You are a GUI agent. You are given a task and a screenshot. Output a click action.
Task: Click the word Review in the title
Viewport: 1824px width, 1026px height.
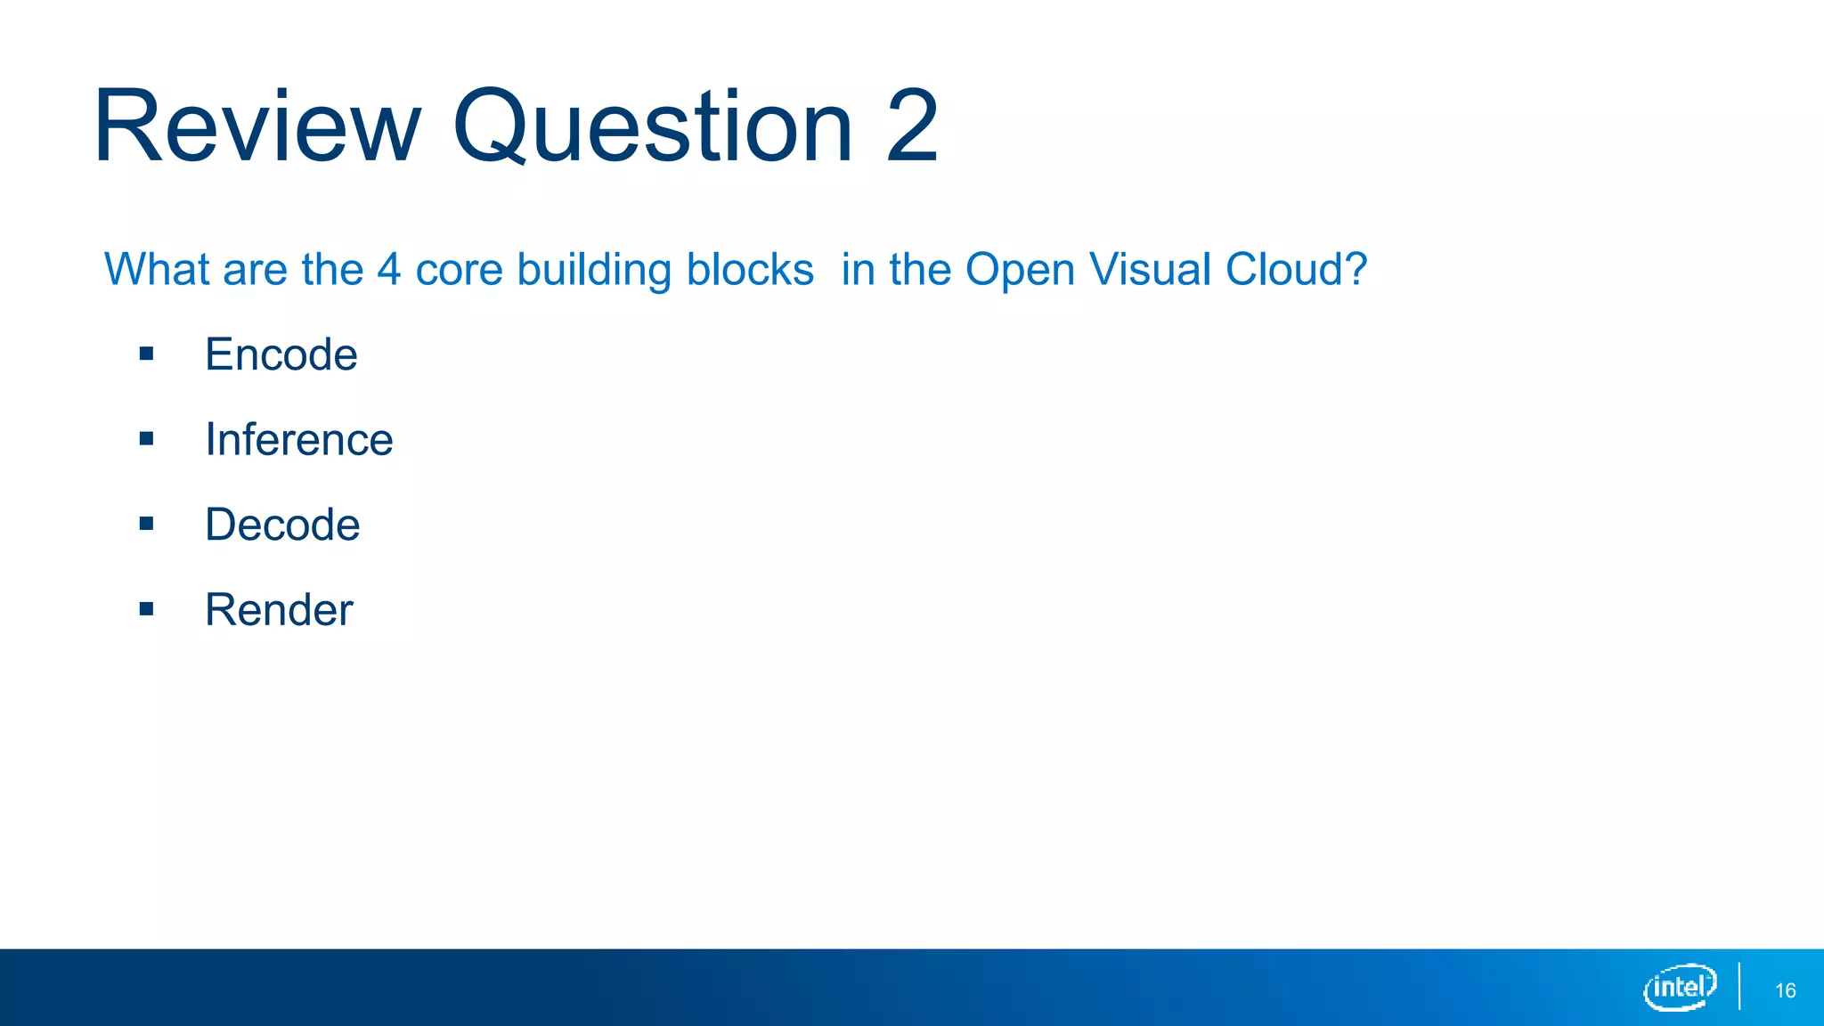pyautogui.click(x=256, y=126)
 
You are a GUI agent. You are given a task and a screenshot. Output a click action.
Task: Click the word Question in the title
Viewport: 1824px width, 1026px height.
pyautogui.click(x=653, y=126)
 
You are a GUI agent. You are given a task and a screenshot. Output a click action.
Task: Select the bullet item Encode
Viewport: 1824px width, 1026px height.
pyautogui.click(x=281, y=354)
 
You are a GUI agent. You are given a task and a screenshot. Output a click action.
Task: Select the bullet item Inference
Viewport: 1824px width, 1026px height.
pyautogui.click(x=298, y=439)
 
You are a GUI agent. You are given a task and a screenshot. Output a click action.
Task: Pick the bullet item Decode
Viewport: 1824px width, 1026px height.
pyautogui.click(x=282, y=525)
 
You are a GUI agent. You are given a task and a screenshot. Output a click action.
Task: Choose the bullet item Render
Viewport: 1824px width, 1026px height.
pyautogui.click(x=279, y=610)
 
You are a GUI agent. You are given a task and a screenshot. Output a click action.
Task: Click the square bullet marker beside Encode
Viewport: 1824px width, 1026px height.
pyautogui.click(x=147, y=354)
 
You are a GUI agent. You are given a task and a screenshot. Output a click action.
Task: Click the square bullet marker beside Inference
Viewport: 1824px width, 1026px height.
pyautogui.click(x=147, y=439)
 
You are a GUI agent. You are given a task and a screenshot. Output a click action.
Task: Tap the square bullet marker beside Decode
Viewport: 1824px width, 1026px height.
pyautogui.click(x=147, y=524)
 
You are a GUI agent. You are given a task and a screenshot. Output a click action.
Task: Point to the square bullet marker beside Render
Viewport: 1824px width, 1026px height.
pyautogui.click(x=147, y=609)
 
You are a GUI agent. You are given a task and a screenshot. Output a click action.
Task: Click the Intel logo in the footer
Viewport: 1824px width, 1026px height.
pyautogui.click(x=1680, y=987)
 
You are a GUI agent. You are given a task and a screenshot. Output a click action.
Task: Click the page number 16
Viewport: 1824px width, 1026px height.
pyautogui.click(x=1785, y=990)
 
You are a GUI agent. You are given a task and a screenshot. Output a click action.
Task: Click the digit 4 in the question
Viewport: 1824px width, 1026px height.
pyautogui.click(x=389, y=269)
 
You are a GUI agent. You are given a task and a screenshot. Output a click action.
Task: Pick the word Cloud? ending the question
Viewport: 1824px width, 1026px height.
pyautogui.click(x=1296, y=269)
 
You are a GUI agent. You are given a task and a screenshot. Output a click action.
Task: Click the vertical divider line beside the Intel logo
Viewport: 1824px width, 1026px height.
pyautogui.click(x=1739, y=987)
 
